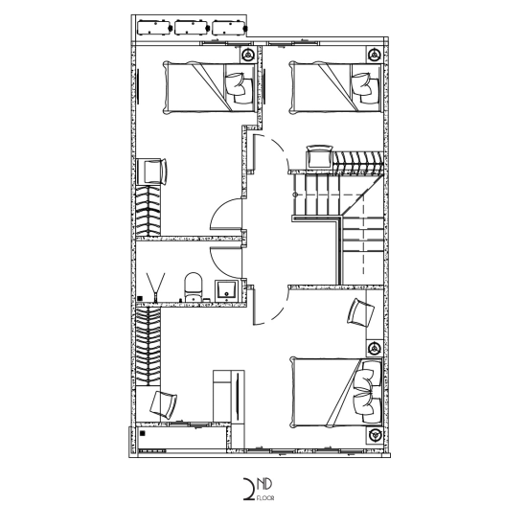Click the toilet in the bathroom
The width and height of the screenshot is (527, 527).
[x=194, y=286]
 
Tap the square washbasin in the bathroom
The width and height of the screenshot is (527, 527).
[x=226, y=290]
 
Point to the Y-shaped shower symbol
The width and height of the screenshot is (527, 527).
[x=155, y=286]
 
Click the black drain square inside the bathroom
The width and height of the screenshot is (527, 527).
[x=140, y=298]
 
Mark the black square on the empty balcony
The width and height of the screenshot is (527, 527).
[x=143, y=433]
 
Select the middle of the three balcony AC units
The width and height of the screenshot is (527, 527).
[x=192, y=28]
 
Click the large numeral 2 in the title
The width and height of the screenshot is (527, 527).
[x=249, y=490]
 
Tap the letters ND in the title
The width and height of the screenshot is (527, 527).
[x=264, y=484]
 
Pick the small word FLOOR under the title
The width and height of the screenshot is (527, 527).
[x=265, y=498]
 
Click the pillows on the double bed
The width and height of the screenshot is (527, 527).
[x=368, y=392]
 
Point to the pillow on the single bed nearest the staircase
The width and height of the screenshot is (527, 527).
[x=365, y=89]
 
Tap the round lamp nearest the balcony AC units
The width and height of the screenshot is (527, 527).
[x=248, y=55]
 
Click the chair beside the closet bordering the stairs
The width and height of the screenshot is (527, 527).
[x=319, y=156]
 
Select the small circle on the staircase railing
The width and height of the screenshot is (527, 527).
[x=296, y=195]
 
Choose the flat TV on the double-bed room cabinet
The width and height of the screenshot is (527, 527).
[x=238, y=397]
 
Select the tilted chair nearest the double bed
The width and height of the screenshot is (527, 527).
[x=360, y=312]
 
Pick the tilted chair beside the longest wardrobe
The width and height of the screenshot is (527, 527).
[x=163, y=405]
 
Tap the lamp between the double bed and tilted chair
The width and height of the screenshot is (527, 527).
[x=374, y=348]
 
